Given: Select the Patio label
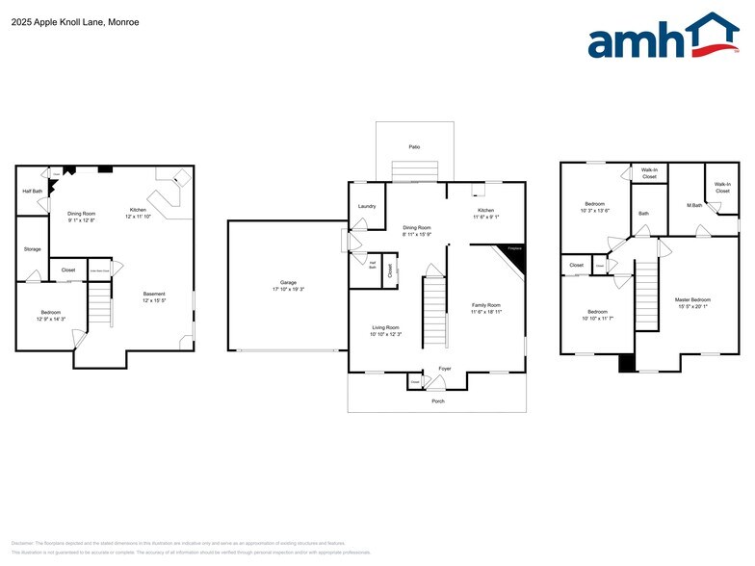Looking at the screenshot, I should tap(414, 147).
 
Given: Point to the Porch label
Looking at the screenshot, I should tap(438, 400).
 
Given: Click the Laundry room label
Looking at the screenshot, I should tap(366, 206).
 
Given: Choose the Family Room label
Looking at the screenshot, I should tap(486, 304).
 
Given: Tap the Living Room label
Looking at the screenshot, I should tap(386, 327).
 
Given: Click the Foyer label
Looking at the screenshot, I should tap(445, 369).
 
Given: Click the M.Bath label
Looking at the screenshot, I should tap(693, 205).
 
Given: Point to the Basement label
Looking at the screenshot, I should tap(154, 294).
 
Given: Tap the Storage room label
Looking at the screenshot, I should tap(33, 249).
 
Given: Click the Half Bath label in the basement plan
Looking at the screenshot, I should tap(33, 191).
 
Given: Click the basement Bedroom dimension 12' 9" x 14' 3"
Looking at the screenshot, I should tap(51, 319).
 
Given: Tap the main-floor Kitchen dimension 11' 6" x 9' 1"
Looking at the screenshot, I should tap(485, 217).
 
